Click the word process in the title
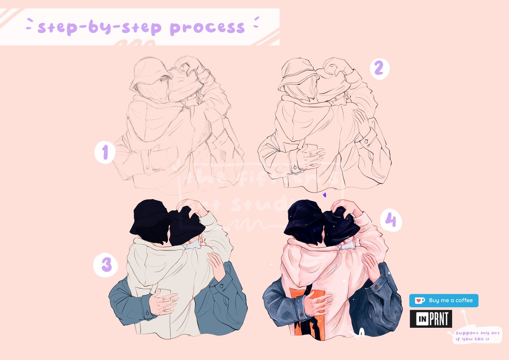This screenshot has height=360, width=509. pyautogui.click(x=207, y=28)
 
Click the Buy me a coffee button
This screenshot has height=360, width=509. pyautogui.click(x=444, y=301)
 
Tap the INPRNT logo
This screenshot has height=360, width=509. pyautogui.click(x=431, y=319)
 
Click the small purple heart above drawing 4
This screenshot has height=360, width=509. pyautogui.click(x=324, y=195)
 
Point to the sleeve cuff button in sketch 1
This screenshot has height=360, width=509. pyautogui.click(x=147, y=168)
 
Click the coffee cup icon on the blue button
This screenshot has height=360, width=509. pyautogui.click(x=420, y=301)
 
